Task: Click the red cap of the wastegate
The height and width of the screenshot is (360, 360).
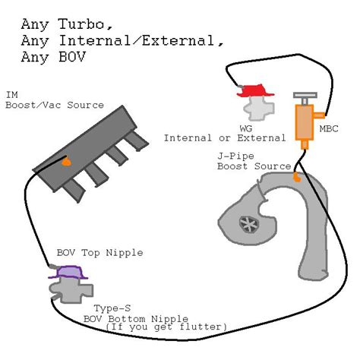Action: tap(255, 91)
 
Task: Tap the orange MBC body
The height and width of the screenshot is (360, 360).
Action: tap(305, 122)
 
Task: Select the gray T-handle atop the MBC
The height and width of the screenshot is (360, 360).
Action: tap(305, 98)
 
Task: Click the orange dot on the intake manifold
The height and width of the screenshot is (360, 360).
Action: tap(67, 162)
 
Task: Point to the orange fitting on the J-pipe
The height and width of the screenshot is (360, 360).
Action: tap(297, 176)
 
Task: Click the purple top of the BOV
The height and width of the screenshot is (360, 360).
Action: tap(68, 273)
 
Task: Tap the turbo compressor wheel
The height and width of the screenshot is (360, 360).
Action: tap(249, 224)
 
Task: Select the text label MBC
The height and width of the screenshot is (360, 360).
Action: tap(329, 128)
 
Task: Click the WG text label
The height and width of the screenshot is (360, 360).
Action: tap(246, 128)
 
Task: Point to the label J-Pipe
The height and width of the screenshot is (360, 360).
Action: tap(235, 156)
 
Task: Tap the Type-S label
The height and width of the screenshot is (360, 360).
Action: tap(112, 308)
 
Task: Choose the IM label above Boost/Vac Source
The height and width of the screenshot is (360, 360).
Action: tap(12, 95)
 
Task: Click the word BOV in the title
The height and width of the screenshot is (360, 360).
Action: tap(72, 57)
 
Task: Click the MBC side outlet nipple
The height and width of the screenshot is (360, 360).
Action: tap(319, 115)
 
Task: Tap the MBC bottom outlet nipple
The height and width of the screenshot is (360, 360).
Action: tap(305, 144)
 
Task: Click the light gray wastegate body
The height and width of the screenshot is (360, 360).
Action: tap(258, 108)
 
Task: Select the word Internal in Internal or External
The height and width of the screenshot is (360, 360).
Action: tap(188, 138)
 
